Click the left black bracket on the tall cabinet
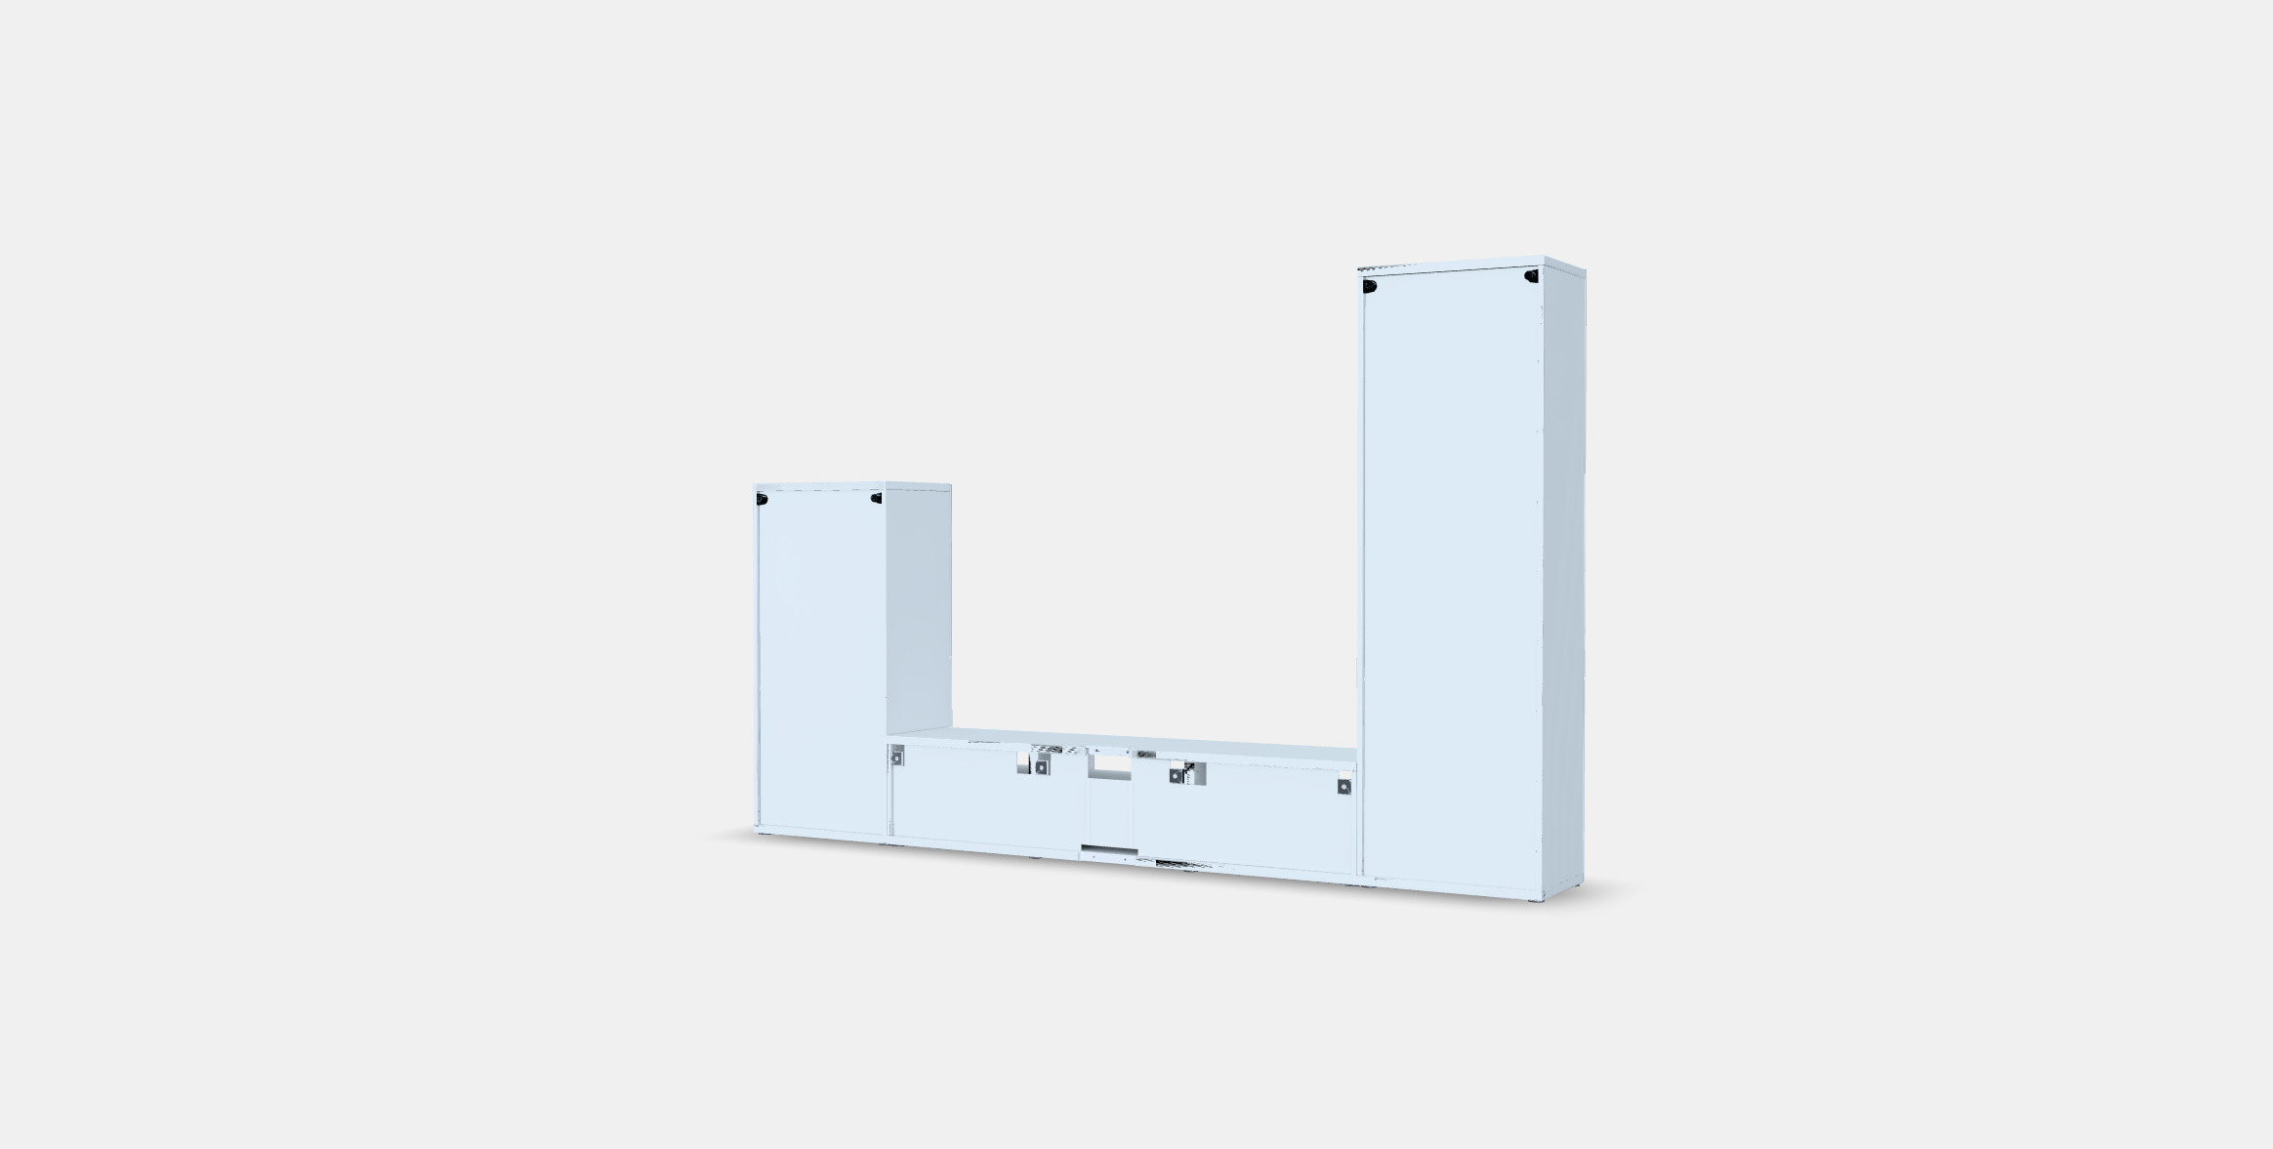pos(1370,286)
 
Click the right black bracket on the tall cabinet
pos(1530,277)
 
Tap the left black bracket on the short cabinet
pos(762,500)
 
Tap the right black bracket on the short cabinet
pos(876,499)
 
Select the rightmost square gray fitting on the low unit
pos(1344,786)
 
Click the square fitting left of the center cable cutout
pos(1042,767)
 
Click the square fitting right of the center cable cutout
pos(1177,775)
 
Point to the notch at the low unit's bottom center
pos(1108,851)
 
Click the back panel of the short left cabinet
pos(822,664)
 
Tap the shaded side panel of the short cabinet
pos(918,605)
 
